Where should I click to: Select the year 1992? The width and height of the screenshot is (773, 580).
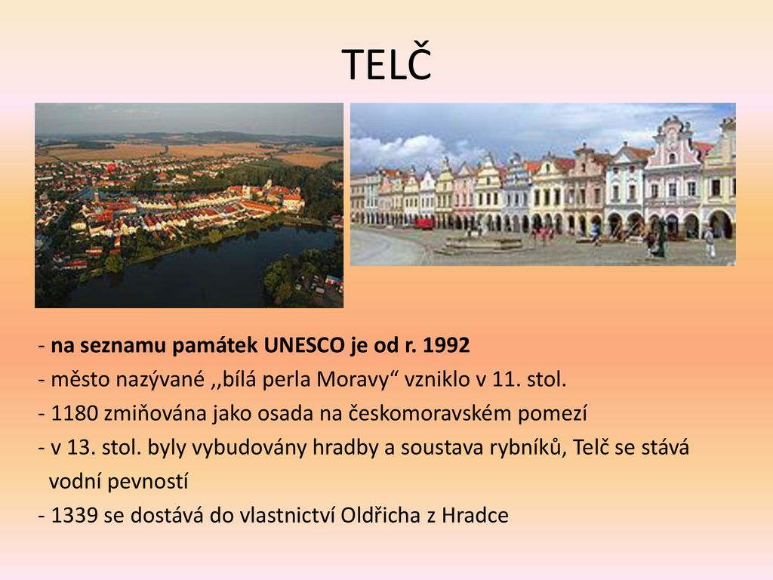coord(446,345)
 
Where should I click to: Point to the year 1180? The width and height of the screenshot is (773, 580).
coord(75,413)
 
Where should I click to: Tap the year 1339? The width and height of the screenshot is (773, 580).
coord(75,516)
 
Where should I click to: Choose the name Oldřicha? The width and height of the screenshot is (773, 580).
coord(381,515)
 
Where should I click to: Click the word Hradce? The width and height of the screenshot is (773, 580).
coord(475,515)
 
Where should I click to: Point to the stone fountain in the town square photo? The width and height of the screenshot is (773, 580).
coord(483,242)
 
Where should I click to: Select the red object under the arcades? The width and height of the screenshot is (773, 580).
coord(424,224)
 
